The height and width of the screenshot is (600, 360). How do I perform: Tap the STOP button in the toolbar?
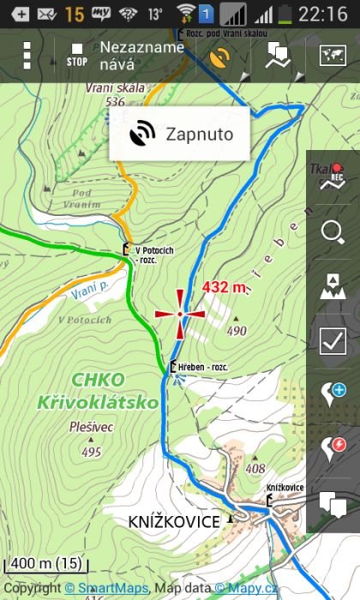(x=76, y=56)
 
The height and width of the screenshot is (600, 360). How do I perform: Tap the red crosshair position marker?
(x=180, y=314)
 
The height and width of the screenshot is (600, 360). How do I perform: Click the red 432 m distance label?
(x=225, y=286)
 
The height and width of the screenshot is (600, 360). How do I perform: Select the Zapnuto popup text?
(x=199, y=134)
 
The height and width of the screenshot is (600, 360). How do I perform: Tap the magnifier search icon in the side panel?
(x=332, y=231)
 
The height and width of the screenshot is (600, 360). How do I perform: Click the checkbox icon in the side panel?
(x=332, y=340)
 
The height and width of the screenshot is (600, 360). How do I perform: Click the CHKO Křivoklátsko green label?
(x=86, y=391)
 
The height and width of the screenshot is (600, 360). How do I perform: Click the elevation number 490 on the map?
(x=237, y=331)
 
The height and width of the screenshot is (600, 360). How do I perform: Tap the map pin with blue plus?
(x=332, y=394)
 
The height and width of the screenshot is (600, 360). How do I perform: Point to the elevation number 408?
(x=255, y=468)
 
